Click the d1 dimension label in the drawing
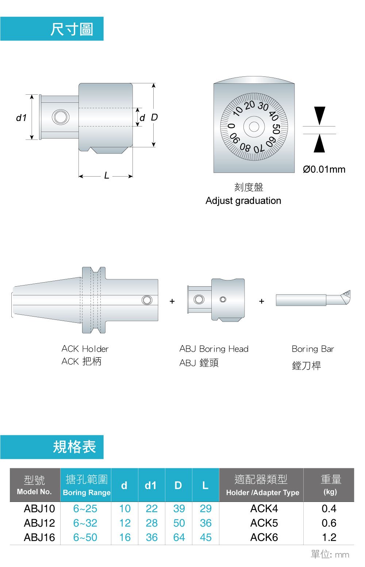click(21, 117)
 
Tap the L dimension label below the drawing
click(107, 175)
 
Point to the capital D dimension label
click(154, 117)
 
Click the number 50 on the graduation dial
click(276, 129)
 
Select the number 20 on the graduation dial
click(250, 105)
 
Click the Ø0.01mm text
click(324, 169)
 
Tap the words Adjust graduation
click(243, 201)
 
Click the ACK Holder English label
click(85, 349)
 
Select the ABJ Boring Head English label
click(214, 349)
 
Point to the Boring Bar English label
click(313, 349)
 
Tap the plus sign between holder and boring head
click(172, 301)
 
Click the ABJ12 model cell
click(39, 523)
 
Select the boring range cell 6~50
click(85, 537)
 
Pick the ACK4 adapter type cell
click(264, 509)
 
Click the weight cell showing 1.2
click(329, 537)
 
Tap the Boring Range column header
click(87, 492)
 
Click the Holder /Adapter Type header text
click(263, 492)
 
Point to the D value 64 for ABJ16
click(179, 537)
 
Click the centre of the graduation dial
click(254, 126)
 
